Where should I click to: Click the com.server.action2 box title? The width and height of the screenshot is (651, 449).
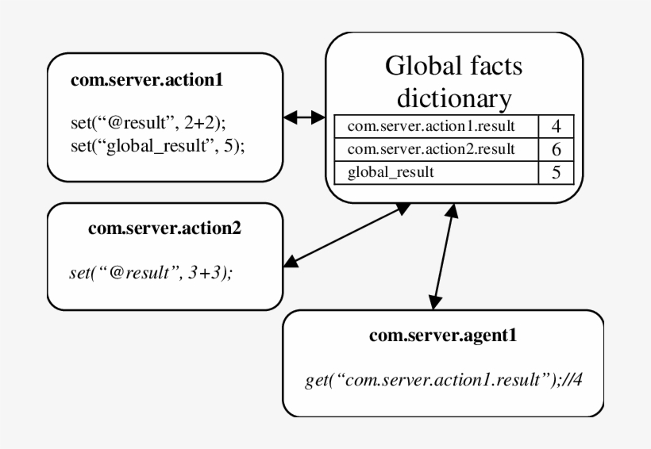tap(164, 229)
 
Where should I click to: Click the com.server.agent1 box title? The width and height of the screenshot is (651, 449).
tap(443, 336)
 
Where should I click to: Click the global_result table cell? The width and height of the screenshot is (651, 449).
tap(386, 171)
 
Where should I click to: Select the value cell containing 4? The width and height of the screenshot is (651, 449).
tap(557, 125)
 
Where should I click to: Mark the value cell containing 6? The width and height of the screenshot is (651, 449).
tap(557, 148)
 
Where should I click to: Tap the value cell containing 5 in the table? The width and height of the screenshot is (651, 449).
tap(557, 171)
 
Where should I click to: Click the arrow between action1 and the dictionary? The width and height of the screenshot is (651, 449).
tap(306, 117)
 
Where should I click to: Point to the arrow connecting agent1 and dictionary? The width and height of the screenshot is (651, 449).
tap(443, 258)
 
